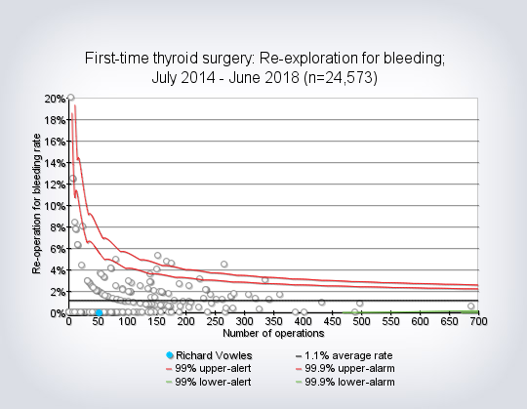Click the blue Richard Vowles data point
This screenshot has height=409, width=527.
tap(100, 313)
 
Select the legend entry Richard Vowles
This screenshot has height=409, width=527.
tap(209, 355)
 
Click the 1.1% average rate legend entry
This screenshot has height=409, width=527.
tap(344, 355)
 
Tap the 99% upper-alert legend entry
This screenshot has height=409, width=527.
tap(209, 368)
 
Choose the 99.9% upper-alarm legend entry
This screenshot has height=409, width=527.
tap(345, 368)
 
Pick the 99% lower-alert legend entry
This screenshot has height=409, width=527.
tap(209, 382)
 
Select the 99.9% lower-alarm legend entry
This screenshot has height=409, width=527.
tap(345, 382)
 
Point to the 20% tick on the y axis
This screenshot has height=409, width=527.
tap(55, 99)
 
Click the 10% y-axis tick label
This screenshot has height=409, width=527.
tap(55, 206)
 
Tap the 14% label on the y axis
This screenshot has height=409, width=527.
tap(55, 163)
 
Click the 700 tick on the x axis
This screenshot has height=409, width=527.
tap(478, 321)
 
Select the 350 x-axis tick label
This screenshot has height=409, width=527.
tap(273, 321)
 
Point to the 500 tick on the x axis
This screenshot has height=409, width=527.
tap(361, 321)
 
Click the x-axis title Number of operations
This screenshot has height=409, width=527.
tap(273, 334)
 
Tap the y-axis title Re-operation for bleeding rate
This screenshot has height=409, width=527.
tap(37, 204)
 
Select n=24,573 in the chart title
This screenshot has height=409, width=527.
tap(341, 78)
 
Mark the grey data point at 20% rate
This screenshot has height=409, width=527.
tap(70, 98)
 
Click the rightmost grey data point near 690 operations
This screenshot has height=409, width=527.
tap(470, 306)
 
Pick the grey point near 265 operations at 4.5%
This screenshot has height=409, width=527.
tap(223, 265)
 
